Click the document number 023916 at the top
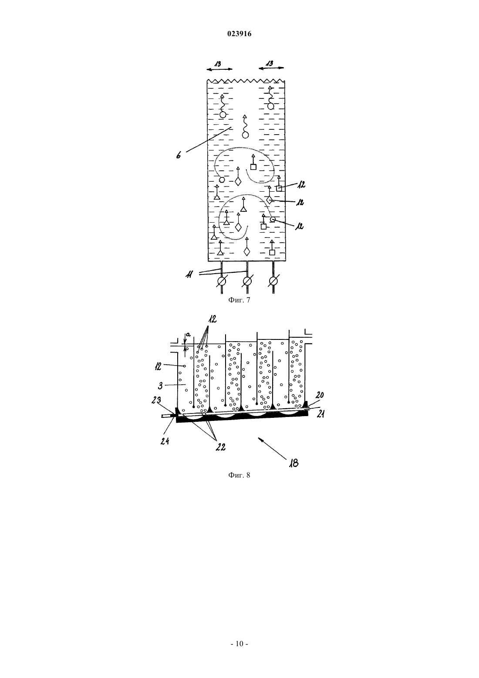[x=239, y=34]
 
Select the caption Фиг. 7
[x=239, y=300]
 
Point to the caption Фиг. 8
[x=239, y=475]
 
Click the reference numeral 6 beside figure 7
[x=179, y=155]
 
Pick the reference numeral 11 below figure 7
[x=189, y=275]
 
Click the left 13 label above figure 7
[x=218, y=64]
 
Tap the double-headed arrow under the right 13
[x=271, y=68]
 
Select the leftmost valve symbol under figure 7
[x=222, y=281]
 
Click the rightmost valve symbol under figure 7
[x=273, y=281]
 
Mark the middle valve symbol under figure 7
[x=247, y=281]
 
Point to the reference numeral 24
[x=165, y=441]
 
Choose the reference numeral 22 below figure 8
[x=220, y=447]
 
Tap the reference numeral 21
[x=320, y=414]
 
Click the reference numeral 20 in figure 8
[x=320, y=395]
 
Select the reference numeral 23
[x=156, y=400]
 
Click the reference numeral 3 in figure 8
[x=161, y=386]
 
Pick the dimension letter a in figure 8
[x=188, y=335]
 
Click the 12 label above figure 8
[x=212, y=319]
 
